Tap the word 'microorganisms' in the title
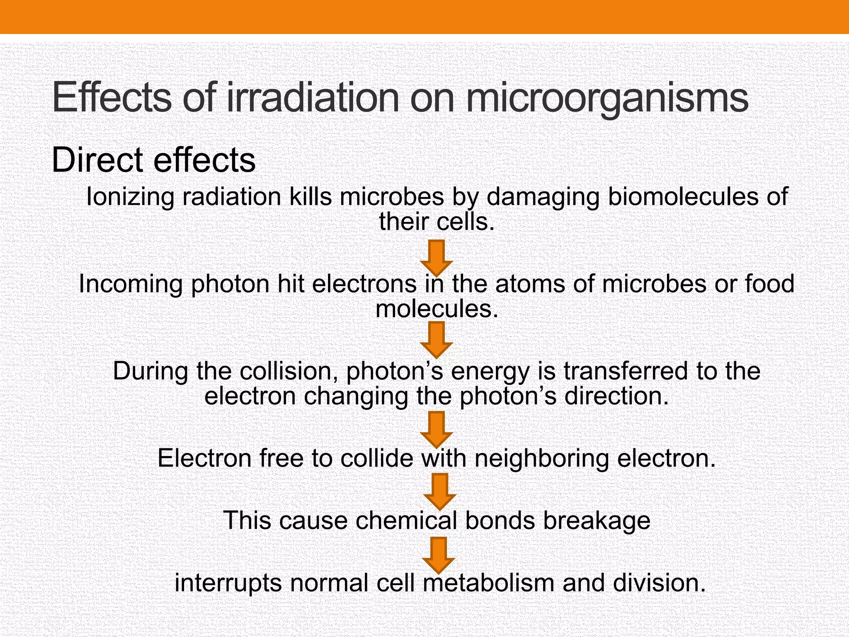coord(607,100)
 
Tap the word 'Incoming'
coord(131,284)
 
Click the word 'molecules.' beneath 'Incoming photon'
coord(437,309)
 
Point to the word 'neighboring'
coord(541,458)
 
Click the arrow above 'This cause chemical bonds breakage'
coord(440,491)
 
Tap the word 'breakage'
coord(597,520)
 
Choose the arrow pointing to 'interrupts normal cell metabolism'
coord(439,554)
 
